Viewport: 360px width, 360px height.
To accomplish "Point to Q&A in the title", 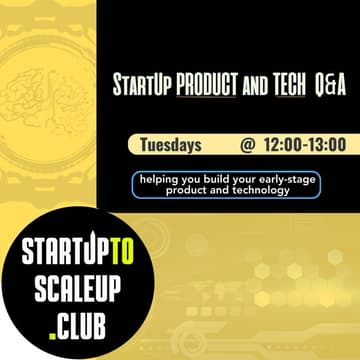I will point(328,87).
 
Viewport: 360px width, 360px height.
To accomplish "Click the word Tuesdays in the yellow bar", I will point(173,145).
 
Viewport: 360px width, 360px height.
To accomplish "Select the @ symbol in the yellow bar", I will point(247,145).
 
